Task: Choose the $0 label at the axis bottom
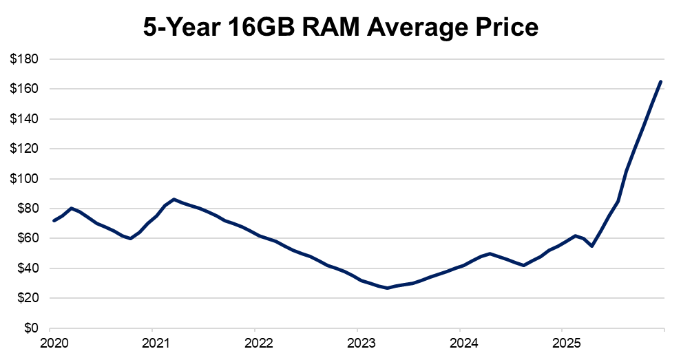tap(31, 328)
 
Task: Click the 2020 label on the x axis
tap(51, 343)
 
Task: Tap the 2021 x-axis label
tap(153, 343)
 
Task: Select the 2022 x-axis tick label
tap(255, 343)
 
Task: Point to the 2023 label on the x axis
tap(357, 343)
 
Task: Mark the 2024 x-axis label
tap(459, 343)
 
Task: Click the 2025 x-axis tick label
tap(561, 343)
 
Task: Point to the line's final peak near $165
tap(661, 81)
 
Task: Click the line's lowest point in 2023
tap(388, 288)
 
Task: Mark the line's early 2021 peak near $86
tap(174, 199)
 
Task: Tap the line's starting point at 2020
tap(54, 220)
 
